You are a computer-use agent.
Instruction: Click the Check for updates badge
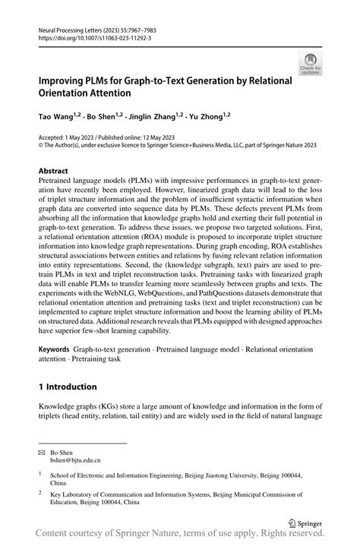pyautogui.click(x=310, y=63)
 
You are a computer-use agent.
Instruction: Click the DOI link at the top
pyautogui.click(x=90, y=36)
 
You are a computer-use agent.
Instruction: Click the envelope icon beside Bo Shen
pyautogui.click(x=43, y=451)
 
